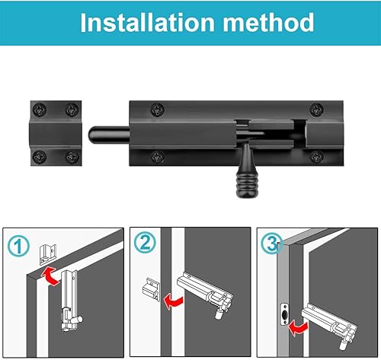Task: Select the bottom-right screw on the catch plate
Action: pos(72,158)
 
